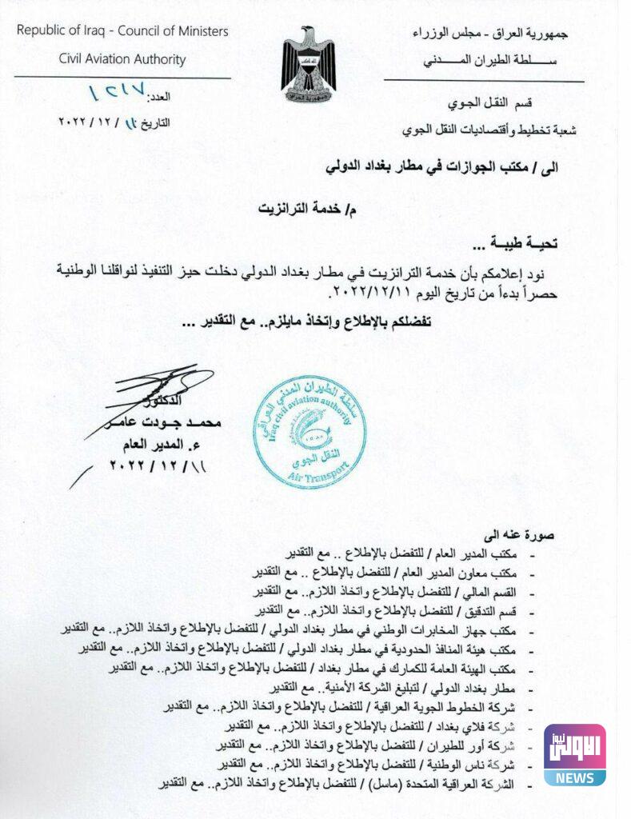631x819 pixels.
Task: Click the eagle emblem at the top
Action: pyautogui.click(x=308, y=60)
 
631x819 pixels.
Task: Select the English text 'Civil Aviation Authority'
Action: pyautogui.click(x=122, y=58)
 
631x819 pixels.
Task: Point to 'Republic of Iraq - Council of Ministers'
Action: pyautogui.click(x=122, y=31)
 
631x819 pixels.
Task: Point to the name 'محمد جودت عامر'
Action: pyautogui.click(x=163, y=422)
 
